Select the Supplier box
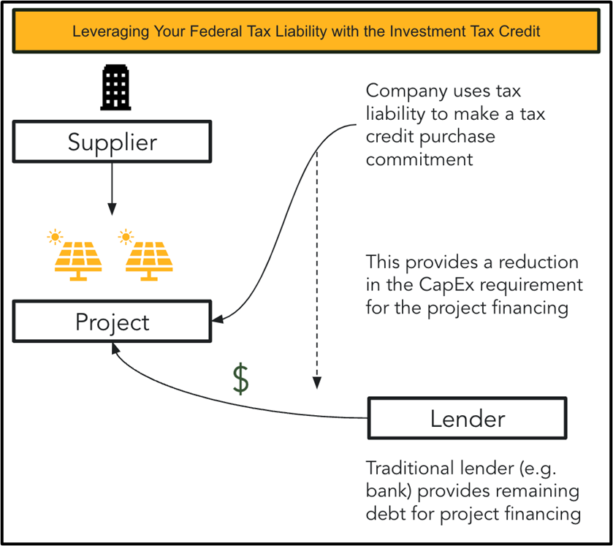coord(112,141)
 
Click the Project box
coord(112,322)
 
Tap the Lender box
coord(467,419)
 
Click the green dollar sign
coord(240,379)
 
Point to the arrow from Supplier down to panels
coord(111,188)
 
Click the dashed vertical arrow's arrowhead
coord(316,381)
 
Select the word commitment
coord(419,159)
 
